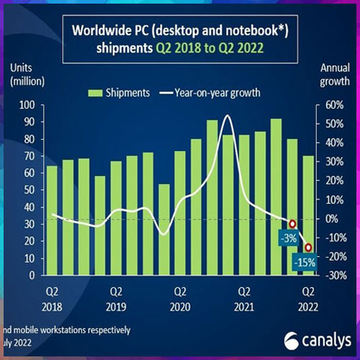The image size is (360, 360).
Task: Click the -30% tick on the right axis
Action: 331,276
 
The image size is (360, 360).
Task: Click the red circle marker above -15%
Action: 308,248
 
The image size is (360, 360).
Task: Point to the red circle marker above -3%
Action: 292,224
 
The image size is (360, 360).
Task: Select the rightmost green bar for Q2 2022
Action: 308,215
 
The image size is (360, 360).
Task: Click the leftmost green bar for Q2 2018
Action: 52,220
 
